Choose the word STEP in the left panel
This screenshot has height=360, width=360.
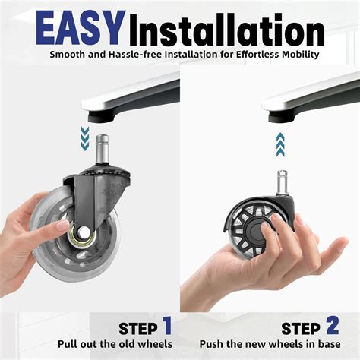click(137, 330)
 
